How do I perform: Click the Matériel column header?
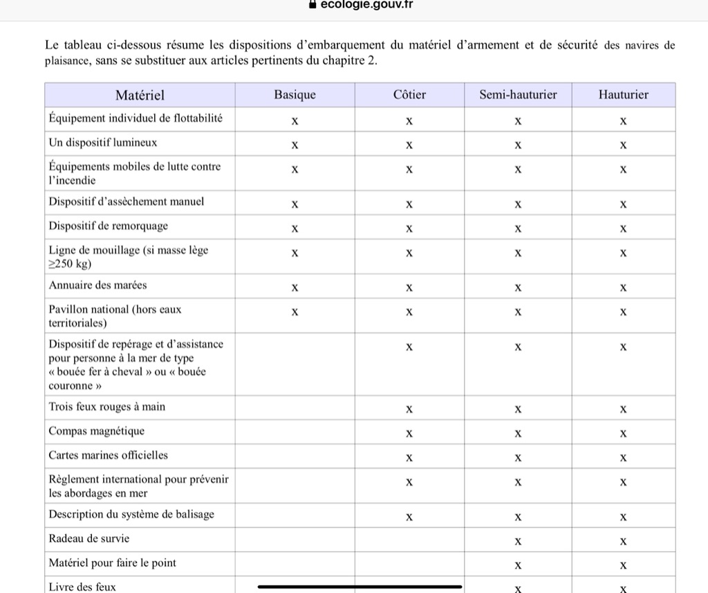[x=140, y=95]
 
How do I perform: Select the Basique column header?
[x=295, y=95]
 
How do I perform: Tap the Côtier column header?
[x=409, y=95]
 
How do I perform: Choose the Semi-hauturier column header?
[x=518, y=95]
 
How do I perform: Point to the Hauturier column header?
[x=623, y=95]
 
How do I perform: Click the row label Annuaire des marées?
[x=97, y=285]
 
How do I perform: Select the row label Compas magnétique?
[x=97, y=431]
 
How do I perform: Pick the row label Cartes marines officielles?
[x=108, y=455]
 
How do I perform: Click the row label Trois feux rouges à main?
[x=106, y=407]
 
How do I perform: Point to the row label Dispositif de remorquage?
[x=108, y=226]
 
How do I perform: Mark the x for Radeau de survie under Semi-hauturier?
[x=518, y=540]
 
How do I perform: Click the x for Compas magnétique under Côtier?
[x=409, y=434]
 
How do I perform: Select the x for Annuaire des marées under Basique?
[x=295, y=287]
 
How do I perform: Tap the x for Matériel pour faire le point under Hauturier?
[x=623, y=565]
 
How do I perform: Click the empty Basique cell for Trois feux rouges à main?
[x=295, y=408]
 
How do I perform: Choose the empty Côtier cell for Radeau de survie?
[x=409, y=539]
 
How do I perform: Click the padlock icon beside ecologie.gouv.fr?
[x=313, y=4]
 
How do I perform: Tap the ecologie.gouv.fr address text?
[x=366, y=4]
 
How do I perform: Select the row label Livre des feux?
[x=82, y=586]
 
